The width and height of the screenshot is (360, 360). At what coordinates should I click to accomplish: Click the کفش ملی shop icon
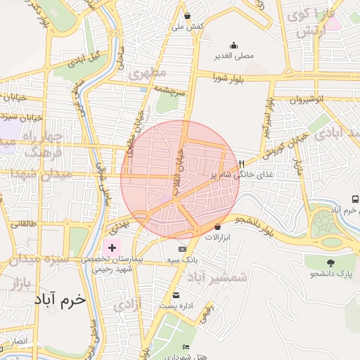coord(187,15)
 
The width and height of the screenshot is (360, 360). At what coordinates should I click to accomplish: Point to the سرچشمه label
coord(170,91)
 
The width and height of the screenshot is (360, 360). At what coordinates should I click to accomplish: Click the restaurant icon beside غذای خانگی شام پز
coord(241,164)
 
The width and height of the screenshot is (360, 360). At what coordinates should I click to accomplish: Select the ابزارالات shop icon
coord(217,226)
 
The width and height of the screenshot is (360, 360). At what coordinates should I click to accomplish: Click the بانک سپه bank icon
coord(182,249)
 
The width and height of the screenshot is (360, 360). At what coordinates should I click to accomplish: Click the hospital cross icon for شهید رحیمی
coord(111,247)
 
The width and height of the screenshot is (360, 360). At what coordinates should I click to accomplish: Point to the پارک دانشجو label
coord(330,271)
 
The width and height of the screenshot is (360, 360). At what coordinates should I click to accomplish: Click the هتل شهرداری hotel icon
coord(186,347)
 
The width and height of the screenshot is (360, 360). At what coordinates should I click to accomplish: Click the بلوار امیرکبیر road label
coord(266,117)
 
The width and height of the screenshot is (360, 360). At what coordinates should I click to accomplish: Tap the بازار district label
coord(20,283)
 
